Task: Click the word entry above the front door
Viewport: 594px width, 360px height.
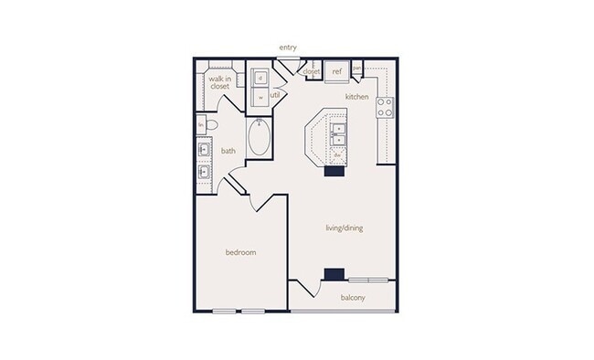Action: (x=290, y=48)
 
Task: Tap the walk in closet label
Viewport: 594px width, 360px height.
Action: (x=219, y=83)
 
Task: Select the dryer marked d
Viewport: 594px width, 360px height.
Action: (x=260, y=78)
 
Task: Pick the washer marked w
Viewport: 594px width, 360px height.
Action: (x=260, y=96)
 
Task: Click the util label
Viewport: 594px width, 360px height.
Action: (x=274, y=94)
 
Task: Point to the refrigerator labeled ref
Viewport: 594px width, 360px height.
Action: (x=336, y=71)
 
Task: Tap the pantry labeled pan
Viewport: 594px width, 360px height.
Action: (x=356, y=69)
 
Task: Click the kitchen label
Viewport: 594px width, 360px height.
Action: (x=356, y=96)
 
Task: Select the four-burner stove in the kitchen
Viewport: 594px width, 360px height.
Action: (x=386, y=107)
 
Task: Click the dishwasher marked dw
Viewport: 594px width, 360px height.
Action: (x=337, y=155)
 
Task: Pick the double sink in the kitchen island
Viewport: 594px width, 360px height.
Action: (x=337, y=134)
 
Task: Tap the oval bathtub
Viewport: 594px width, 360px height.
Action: (x=260, y=139)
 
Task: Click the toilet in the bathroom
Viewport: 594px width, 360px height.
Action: (x=210, y=124)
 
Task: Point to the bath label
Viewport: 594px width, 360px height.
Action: (x=228, y=152)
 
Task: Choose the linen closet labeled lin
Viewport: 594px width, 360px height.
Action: (x=201, y=124)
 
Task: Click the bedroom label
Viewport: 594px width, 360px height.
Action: (x=240, y=252)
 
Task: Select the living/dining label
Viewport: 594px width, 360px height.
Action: (x=345, y=228)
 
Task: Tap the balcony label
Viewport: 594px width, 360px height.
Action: (x=354, y=298)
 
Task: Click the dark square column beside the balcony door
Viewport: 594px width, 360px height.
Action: (x=334, y=273)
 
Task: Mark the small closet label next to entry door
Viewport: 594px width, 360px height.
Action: (x=311, y=71)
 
